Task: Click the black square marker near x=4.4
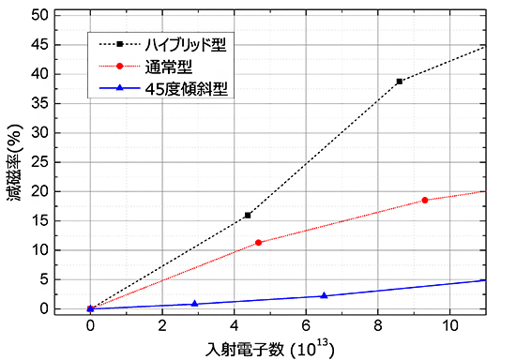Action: tap(248, 215)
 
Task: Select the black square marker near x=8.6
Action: tap(400, 82)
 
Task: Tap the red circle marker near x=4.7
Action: tap(259, 243)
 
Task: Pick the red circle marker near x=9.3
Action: tap(425, 200)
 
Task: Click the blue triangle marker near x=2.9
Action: tap(194, 304)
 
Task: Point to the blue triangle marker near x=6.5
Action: tap(324, 295)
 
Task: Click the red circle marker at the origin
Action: tap(90, 308)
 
